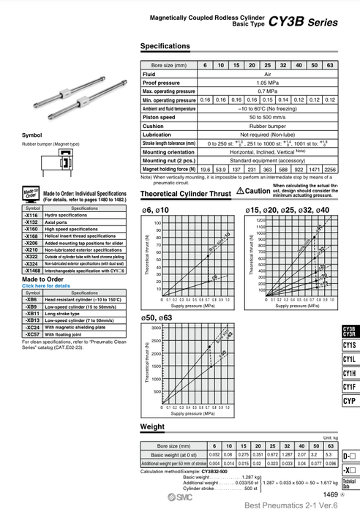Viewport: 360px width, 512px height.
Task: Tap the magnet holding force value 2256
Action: pos(330,169)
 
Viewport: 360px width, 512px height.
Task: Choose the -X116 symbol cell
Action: pos(31,216)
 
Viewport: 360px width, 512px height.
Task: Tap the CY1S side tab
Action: pos(349,345)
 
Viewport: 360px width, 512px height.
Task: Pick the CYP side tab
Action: pos(349,402)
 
